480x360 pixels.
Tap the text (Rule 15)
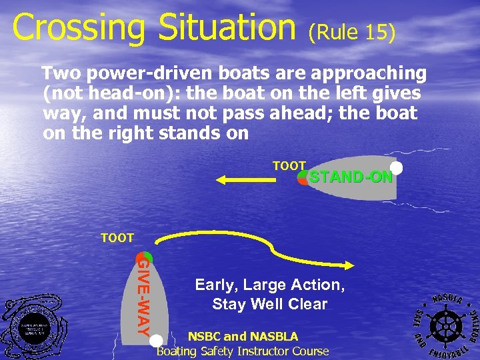(352, 31)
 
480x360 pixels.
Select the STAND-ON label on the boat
(351, 177)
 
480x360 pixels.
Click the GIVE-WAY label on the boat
(143, 297)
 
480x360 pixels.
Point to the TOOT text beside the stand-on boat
(289, 165)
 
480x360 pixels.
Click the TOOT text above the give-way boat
(117, 237)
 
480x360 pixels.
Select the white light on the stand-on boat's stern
(396, 168)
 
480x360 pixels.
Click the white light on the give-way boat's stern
(156, 341)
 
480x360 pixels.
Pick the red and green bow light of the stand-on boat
(304, 177)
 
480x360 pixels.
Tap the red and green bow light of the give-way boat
(144, 257)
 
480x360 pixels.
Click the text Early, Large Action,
(269, 285)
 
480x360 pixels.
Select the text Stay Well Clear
(269, 305)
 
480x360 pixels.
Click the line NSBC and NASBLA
(243, 337)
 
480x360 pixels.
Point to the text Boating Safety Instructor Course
(243, 351)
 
